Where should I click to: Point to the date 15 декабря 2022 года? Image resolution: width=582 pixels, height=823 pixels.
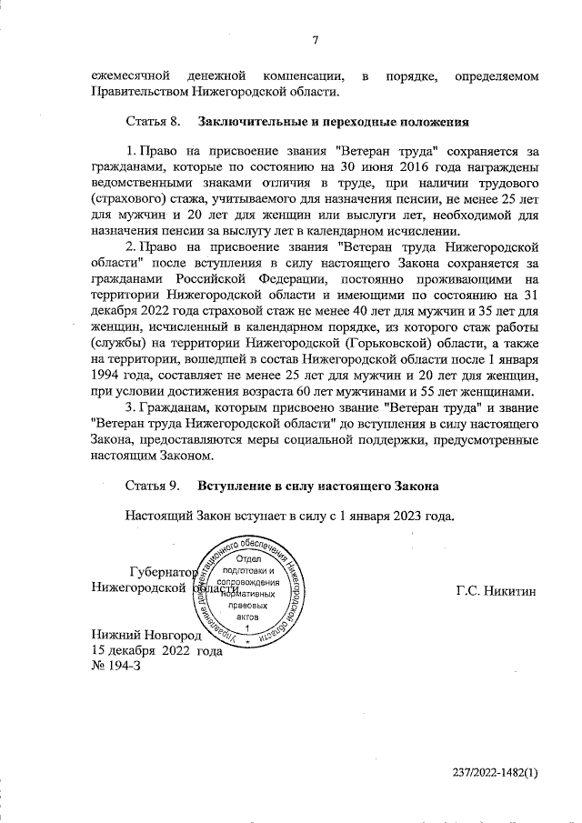pyautogui.click(x=156, y=651)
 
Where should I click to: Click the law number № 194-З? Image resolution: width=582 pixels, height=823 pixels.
pyautogui.click(x=116, y=667)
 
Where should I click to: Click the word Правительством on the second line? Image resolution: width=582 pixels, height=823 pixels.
pyautogui.click(x=138, y=91)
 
